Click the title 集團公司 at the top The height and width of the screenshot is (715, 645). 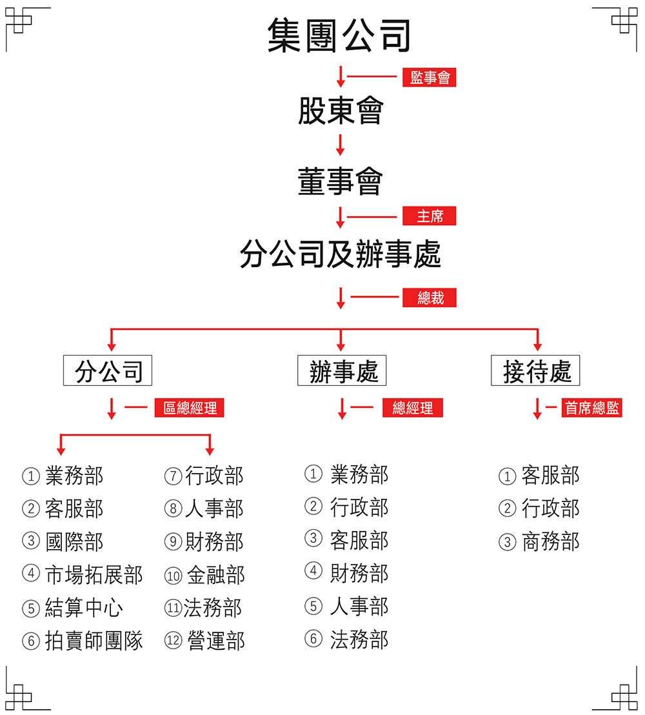point(339,35)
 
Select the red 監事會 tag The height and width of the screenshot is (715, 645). point(430,77)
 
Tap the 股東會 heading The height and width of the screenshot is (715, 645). point(341,110)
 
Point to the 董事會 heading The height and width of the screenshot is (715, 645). point(341,181)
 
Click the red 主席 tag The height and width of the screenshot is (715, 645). point(430,216)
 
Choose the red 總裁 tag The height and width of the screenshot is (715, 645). point(430,297)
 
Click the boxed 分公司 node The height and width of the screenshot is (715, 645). point(108,370)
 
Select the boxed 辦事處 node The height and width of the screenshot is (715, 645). point(342,370)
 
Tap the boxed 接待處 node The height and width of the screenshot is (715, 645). point(535,370)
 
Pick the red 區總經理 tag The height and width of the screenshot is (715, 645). point(189,408)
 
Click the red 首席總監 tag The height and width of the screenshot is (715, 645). point(591,408)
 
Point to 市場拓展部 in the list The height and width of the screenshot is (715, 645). point(94,574)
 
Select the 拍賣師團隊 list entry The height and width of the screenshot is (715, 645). point(94,641)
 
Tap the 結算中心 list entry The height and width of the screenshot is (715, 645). point(84,608)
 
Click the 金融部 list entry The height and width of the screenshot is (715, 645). point(216,574)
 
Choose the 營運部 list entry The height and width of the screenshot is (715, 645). point(216,641)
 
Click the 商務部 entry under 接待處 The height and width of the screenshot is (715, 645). point(551,541)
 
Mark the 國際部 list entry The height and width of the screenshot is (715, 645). point(74,541)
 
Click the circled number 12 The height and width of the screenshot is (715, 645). point(174,641)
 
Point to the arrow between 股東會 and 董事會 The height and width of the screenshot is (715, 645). point(340,145)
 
